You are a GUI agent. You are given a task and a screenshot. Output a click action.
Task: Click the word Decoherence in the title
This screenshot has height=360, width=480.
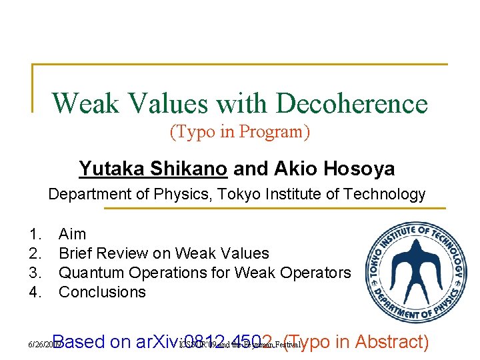tap(351, 103)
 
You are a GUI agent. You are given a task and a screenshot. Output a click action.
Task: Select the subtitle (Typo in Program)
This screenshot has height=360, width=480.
tap(240, 132)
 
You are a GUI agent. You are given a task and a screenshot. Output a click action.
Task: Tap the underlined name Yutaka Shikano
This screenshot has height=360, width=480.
tap(153, 169)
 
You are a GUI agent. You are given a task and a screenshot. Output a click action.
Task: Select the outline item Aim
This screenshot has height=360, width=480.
tap(73, 234)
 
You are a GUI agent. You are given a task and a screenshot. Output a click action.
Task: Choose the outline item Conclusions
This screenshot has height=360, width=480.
tap(102, 292)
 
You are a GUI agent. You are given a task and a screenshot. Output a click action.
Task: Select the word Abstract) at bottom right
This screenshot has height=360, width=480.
tap(392, 342)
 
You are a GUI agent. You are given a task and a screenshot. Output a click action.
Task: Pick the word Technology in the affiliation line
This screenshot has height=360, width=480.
tap(384, 195)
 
